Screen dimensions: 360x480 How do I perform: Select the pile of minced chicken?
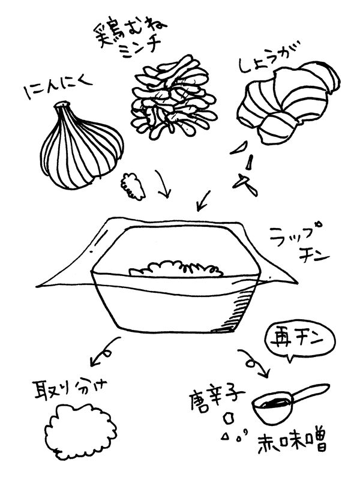point(173,97)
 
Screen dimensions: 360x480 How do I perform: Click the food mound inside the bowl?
point(175,269)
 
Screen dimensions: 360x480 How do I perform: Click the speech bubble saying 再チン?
point(301,342)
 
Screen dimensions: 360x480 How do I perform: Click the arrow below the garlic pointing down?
point(162,184)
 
